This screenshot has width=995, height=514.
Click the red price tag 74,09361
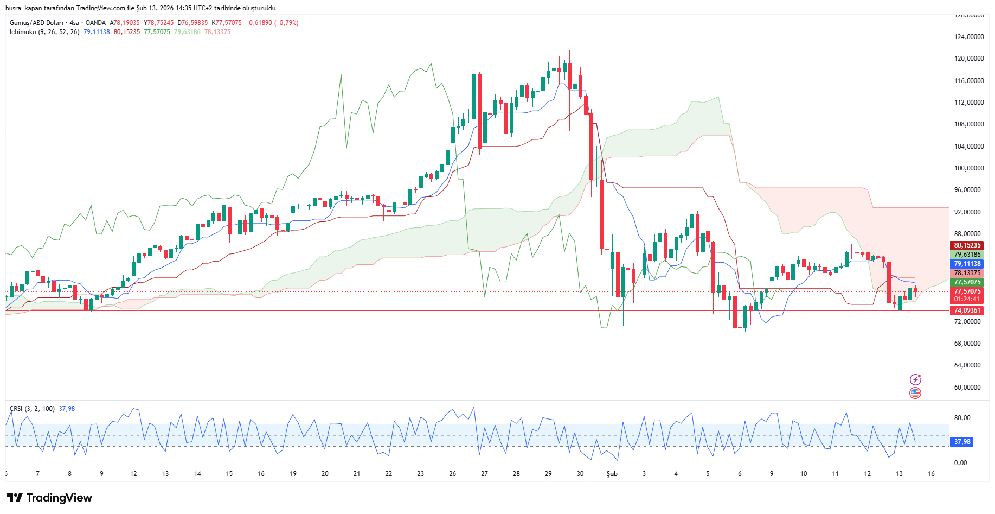[x=967, y=310]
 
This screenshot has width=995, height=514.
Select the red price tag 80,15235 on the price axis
[x=967, y=245]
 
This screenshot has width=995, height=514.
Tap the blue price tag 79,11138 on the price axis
[x=967, y=264]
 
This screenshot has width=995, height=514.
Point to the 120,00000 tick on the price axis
[x=969, y=59]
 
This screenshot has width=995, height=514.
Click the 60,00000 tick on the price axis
[x=969, y=387]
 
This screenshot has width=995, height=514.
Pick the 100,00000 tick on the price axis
[x=969, y=168]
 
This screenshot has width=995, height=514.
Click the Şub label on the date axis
[x=612, y=474]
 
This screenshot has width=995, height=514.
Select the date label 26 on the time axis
[x=452, y=474]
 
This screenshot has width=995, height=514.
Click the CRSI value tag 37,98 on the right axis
[x=962, y=442]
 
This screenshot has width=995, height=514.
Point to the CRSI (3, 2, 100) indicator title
[x=32, y=409]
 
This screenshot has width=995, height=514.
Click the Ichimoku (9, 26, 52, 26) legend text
[x=44, y=32]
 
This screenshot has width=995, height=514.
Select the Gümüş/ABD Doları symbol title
[x=36, y=23]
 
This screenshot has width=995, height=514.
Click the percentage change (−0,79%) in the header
[x=286, y=23]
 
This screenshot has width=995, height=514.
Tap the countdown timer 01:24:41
[x=967, y=299]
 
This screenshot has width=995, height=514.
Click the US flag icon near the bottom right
[x=915, y=393]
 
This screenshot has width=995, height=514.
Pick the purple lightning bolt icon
[x=915, y=379]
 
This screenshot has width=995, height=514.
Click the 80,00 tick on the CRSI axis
[x=962, y=418]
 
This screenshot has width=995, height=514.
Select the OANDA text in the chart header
[x=95, y=23]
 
